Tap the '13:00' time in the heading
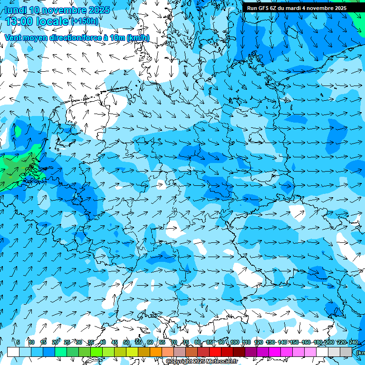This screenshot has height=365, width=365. [19, 21]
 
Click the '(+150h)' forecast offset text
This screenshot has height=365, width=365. [85, 21]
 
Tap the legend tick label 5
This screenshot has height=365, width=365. [18, 342]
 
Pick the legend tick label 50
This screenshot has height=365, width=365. [126, 342]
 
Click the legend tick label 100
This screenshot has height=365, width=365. [234, 342]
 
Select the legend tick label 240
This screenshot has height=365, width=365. [353, 342]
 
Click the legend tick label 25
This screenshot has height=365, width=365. [67, 342]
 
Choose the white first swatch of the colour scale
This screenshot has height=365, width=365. [13, 352]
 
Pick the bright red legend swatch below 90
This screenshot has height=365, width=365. [215, 352]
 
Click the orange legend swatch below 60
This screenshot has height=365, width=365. [156, 352]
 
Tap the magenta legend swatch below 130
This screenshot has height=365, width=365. [275, 352]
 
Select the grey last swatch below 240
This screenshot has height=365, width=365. [346, 352]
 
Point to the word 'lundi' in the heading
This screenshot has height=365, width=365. [14, 10]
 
